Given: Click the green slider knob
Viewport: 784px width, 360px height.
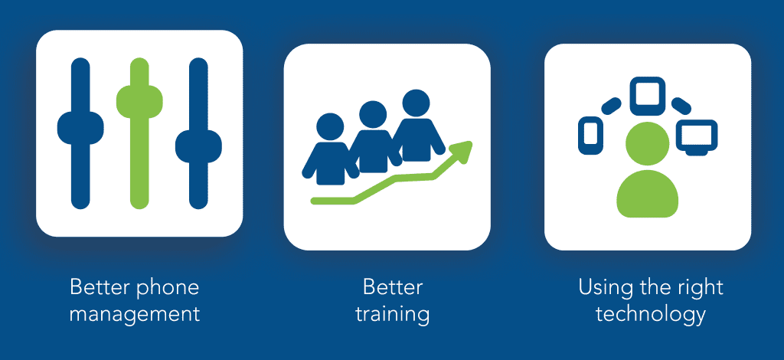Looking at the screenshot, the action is [139, 102].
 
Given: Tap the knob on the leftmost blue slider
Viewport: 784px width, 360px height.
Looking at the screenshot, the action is [80, 128].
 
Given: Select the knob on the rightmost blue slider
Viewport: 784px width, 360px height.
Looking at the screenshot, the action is [198, 146].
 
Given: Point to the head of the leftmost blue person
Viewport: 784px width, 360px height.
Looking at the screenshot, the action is [331, 127].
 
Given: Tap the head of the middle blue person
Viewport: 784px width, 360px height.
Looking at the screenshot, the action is [373, 114].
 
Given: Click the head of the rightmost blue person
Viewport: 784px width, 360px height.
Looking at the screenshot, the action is [416, 103].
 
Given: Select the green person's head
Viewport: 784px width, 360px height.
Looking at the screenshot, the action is [648, 143].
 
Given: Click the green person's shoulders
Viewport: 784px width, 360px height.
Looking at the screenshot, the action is [648, 195].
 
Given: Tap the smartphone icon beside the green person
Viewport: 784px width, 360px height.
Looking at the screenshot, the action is [590, 135].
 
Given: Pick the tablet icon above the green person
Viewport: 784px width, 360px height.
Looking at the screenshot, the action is [648, 96].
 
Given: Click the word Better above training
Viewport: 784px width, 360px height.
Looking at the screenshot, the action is [393, 287].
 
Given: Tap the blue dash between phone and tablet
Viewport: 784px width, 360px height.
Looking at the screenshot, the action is [611, 106].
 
